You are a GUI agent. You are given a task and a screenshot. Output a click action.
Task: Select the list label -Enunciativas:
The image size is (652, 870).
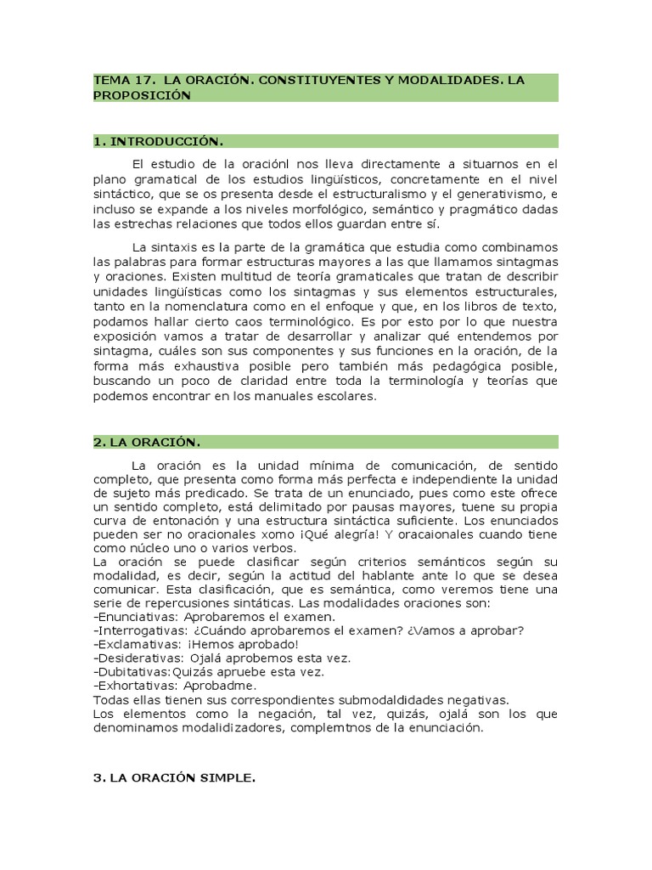(x=132, y=617)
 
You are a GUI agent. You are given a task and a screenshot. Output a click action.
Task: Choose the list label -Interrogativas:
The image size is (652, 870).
(x=137, y=631)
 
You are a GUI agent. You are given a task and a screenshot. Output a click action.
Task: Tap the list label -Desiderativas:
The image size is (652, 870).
(x=136, y=658)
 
